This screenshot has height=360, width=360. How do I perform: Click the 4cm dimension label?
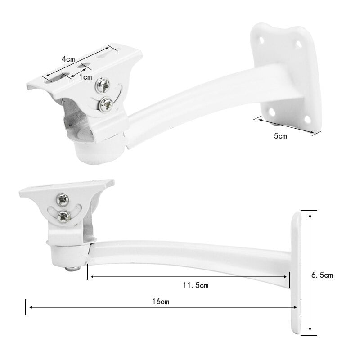point(68,59)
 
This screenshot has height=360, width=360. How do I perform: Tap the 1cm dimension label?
point(85,77)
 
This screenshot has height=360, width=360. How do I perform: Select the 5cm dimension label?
point(280,136)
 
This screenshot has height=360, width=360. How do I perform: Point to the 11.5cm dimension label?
point(196,285)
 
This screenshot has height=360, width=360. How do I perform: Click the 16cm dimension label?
point(161,301)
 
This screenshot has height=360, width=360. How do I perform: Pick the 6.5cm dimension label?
point(322,275)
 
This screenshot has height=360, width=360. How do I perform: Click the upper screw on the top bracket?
point(103,85)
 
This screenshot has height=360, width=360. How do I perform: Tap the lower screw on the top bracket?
point(106,105)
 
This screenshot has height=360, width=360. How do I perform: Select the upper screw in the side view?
point(63,200)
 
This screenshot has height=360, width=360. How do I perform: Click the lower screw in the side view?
point(64,216)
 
